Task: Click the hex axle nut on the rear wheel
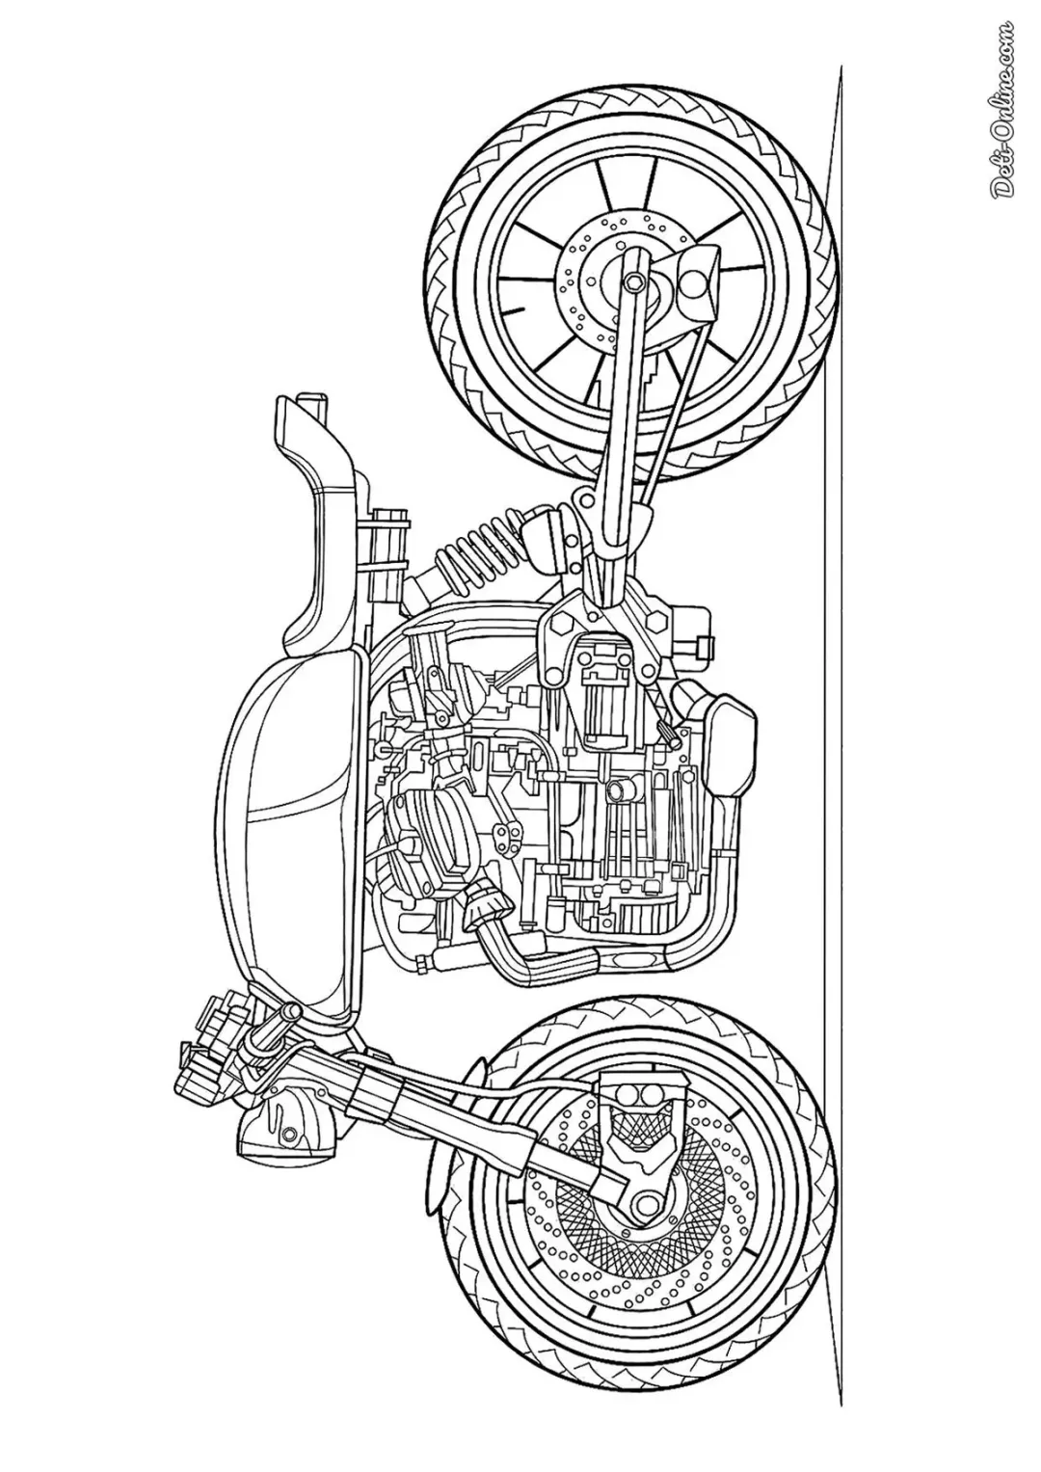click(634, 282)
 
